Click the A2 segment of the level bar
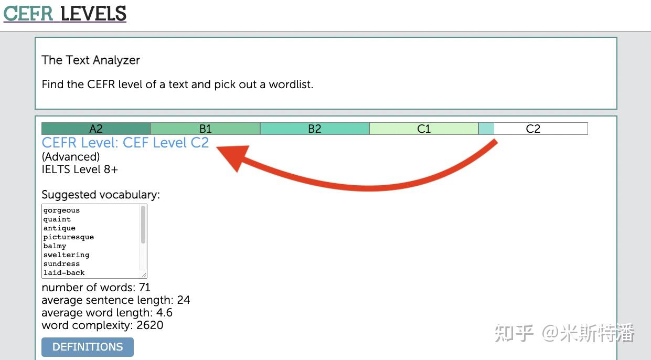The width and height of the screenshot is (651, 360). pos(96,129)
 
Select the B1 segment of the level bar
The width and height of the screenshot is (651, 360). pos(206,129)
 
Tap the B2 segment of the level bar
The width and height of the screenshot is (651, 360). pos(315,129)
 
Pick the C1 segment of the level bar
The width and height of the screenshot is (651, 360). pos(424,129)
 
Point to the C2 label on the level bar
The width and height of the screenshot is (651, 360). pos(533,129)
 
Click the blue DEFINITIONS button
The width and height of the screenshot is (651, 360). pos(88,347)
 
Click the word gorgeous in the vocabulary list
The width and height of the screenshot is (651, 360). pos(61,210)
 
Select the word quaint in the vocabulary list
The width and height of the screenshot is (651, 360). pos(57,219)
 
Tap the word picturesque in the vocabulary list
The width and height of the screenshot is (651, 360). pos(69,237)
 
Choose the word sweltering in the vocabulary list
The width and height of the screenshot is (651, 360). pos(66,255)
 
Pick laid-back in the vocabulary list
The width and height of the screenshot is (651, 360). pos(64,273)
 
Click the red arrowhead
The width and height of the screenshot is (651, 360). pos(233,157)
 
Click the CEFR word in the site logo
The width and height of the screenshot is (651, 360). pos(28,13)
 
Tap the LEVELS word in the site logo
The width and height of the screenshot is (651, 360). pos(93,13)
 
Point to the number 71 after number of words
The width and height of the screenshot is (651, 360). pos(144,288)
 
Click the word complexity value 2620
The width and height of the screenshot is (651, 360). pos(150,325)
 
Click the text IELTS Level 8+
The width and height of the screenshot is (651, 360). pos(80,169)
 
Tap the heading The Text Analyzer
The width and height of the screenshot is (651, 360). pos(91,60)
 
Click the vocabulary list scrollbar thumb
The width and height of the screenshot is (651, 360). pos(143,224)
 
